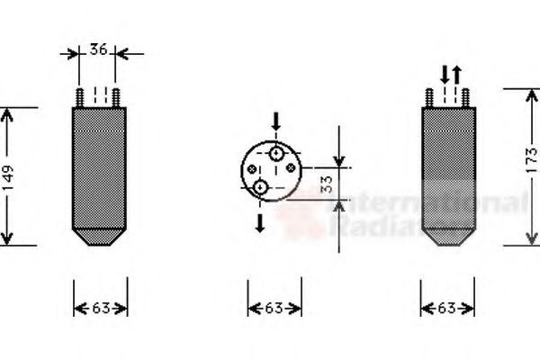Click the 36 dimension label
click(x=100, y=50)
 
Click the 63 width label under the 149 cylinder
click(x=100, y=309)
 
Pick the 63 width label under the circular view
click(x=274, y=309)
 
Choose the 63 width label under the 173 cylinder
click(x=448, y=309)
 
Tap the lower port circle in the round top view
click(x=260, y=187)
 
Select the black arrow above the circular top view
click(x=276, y=121)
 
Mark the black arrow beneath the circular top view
click(x=260, y=222)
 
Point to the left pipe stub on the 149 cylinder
click(x=80, y=96)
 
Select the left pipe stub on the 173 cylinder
click(x=429, y=96)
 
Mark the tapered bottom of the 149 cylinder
click(x=100, y=237)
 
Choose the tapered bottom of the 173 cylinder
click(x=448, y=237)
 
